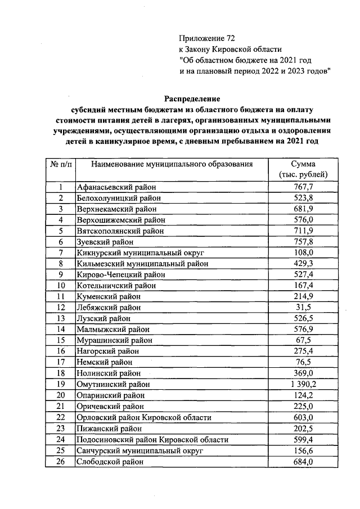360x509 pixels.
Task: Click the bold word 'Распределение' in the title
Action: [x=191, y=98]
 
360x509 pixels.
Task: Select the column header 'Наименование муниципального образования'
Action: [x=169, y=164]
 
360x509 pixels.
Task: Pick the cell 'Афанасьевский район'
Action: [x=115, y=188]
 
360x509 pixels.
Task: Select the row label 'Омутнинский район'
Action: [x=113, y=384]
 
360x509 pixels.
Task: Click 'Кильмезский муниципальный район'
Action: [x=142, y=264]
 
